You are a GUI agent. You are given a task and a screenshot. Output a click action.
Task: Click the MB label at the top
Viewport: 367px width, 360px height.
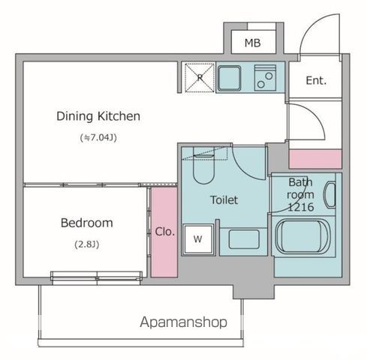point(252,43)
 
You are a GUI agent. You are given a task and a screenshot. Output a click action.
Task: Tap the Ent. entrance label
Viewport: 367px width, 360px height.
point(316,80)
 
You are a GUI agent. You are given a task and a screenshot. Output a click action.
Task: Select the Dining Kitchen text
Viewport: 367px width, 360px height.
point(98,116)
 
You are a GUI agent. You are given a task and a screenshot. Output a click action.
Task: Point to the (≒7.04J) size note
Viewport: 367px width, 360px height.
point(98,137)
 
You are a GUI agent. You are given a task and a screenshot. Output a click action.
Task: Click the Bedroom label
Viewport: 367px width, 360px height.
point(87,223)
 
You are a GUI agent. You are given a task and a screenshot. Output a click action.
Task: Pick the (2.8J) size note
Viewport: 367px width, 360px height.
point(87,244)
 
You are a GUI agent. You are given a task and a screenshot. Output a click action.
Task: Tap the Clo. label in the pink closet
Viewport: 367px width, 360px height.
point(164,232)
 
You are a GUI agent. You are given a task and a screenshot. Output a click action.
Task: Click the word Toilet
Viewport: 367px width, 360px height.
point(224,200)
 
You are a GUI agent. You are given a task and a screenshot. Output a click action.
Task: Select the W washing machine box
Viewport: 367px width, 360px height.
point(198,239)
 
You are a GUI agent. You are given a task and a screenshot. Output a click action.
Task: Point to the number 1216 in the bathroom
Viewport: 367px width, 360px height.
point(301,207)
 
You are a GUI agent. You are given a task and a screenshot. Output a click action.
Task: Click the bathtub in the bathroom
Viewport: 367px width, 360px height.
point(303,236)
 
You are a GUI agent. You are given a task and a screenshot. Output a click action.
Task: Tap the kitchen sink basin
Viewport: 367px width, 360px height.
point(229,78)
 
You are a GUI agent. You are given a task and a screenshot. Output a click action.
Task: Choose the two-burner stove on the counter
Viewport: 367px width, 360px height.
point(265,78)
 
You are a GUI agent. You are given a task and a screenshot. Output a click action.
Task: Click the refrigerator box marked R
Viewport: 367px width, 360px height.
point(200,78)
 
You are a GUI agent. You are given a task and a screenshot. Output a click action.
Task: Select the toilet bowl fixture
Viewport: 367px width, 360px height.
point(203,166)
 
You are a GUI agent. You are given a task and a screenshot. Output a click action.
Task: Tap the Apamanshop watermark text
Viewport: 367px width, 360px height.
point(183,322)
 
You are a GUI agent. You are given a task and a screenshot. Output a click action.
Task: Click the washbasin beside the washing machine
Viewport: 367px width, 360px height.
point(244,239)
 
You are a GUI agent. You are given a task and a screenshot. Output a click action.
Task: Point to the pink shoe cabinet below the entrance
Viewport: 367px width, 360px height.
point(315,159)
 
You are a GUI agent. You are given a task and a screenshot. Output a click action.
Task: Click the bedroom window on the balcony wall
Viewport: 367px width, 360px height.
point(97,278)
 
